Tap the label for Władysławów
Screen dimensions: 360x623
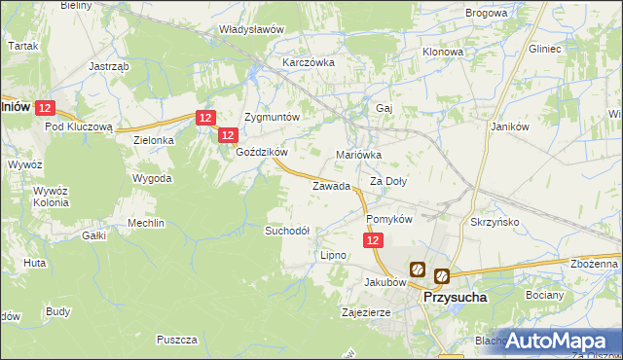pos(251,29)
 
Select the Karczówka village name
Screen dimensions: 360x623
pos(309,62)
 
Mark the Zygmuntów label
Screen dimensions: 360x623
pos(272,115)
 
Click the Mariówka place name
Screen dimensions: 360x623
pos(358,155)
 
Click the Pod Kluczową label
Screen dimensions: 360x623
pos(80,126)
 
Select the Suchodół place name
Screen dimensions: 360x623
pos(287,231)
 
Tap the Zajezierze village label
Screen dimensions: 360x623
pos(365,313)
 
